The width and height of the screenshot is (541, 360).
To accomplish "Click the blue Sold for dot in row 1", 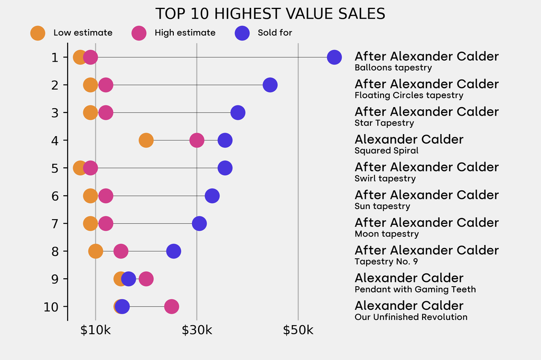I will (x=334, y=57).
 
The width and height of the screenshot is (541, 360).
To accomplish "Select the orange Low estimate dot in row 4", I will (x=146, y=140).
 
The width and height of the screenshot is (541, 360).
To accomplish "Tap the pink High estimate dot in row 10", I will (x=171, y=306).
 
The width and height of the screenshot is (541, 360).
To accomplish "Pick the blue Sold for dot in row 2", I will (x=270, y=85).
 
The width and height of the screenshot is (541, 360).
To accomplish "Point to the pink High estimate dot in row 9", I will (x=146, y=279).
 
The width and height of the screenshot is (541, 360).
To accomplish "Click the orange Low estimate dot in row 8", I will (x=96, y=251).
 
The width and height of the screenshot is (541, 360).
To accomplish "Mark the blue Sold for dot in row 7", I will (x=199, y=223).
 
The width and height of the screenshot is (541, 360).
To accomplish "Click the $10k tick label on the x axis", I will (x=96, y=330).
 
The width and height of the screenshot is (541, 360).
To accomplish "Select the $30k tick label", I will (x=197, y=330).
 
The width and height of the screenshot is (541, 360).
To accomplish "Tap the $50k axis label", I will (x=298, y=330).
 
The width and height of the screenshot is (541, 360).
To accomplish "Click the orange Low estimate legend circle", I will (x=38, y=33).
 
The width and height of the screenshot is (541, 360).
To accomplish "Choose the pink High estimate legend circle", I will (x=139, y=33).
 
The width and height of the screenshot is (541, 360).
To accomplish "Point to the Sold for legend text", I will (x=275, y=33).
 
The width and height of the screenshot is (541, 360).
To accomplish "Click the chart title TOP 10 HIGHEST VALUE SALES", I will (x=270, y=14).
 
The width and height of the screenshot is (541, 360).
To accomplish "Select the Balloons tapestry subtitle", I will (x=393, y=68).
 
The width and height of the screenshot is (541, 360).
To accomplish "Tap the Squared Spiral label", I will (x=386, y=150).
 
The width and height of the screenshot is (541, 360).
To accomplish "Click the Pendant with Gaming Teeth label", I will (x=415, y=289).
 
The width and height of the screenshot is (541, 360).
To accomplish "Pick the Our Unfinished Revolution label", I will (x=411, y=317).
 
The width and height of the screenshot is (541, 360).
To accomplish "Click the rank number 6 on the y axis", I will (x=55, y=196).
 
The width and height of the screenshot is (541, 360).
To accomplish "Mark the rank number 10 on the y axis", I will (x=52, y=307).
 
